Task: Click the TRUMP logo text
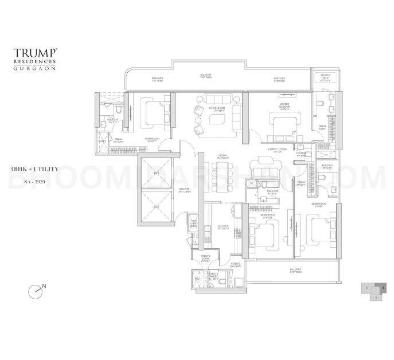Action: click(x=35, y=53)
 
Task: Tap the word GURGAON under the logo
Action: click(x=34, y=68)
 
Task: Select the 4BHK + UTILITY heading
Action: click(x=34, y=169)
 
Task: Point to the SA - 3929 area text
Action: click(x=34, y=181)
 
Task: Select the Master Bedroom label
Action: click(x=285, y=107)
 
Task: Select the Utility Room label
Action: click(x=206, y=258)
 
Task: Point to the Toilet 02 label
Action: click(x=273, y=193)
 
